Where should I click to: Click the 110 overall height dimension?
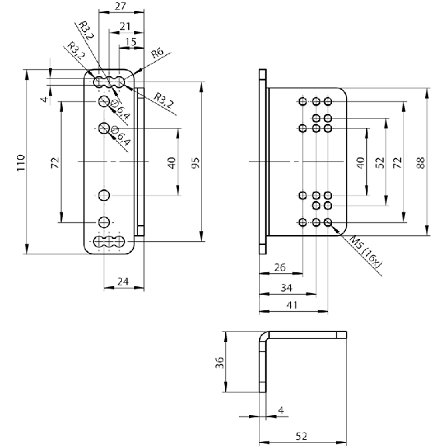coord(21,162)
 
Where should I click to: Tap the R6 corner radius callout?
coord(157,53)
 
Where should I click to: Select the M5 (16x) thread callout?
coord(365,251)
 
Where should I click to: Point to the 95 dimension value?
coord(195,163)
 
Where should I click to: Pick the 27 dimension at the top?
coord(120,6)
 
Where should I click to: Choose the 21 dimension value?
coord(125,26)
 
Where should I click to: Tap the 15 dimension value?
coord(131,42)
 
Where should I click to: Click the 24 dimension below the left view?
coord(123,282)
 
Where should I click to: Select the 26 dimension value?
coord(280,268)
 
